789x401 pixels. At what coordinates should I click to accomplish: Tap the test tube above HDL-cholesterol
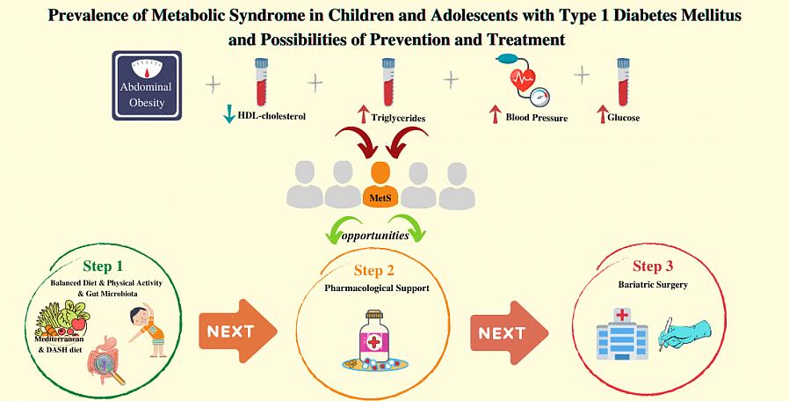260,81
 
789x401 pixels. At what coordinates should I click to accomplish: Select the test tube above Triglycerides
387,81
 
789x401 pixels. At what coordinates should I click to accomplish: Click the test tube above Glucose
623,81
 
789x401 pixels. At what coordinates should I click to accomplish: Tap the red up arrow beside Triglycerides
362,114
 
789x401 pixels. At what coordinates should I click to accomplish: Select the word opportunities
376,236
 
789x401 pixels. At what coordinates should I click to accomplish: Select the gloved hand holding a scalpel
684,336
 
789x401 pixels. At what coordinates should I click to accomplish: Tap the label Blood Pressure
536,117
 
